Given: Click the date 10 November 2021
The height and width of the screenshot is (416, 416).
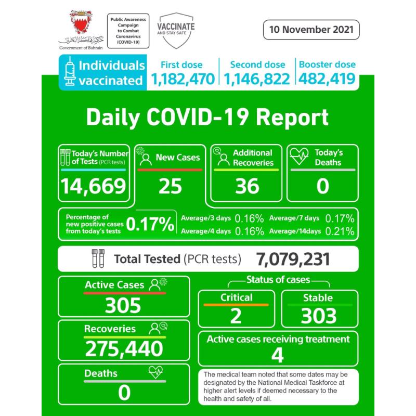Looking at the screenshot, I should click(311, 29).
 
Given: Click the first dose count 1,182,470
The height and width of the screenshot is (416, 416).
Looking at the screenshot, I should click(183, 79).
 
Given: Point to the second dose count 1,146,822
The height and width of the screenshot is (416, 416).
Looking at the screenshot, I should click(257, 79).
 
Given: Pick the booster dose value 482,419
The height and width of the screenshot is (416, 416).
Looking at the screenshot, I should click(327, 79).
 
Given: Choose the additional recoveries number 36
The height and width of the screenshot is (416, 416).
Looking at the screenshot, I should click(247, 186).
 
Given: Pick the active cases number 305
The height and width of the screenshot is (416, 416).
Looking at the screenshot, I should click(123, 305).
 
